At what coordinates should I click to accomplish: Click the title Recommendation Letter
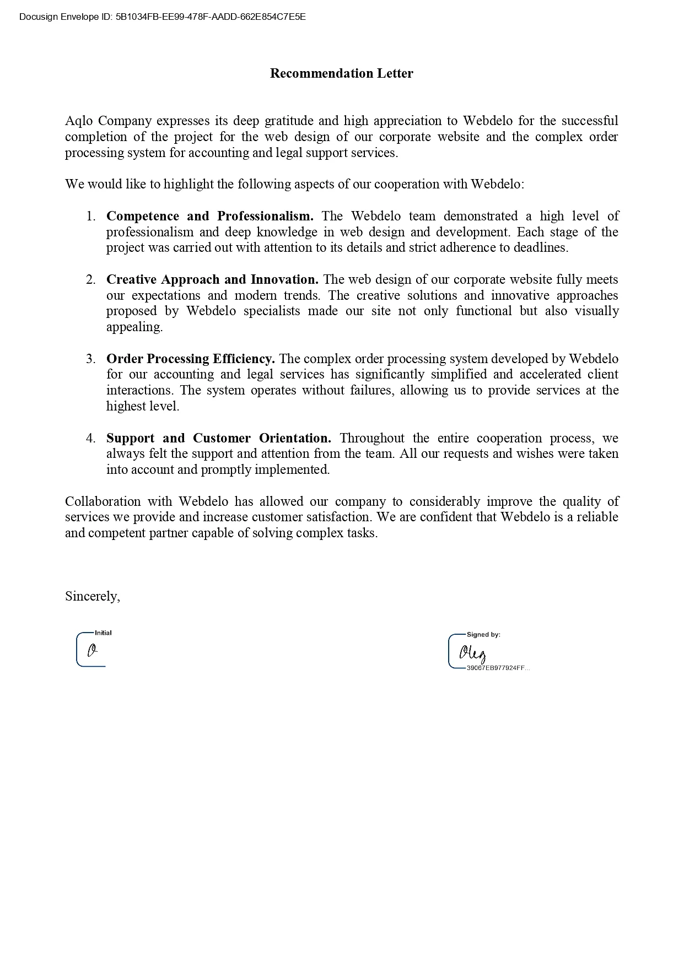(341, 73)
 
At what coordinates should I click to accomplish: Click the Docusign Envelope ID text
(162, 17)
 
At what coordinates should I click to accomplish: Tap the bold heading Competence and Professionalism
(209, 216)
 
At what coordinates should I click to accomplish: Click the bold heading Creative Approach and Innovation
(212, 279)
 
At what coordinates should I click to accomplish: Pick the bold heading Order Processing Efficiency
(190, 359)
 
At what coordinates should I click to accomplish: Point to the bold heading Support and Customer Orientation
(218, 438)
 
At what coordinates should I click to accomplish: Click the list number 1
(91, 216)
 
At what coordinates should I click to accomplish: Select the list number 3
(91, 359)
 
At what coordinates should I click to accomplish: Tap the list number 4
(91, 438)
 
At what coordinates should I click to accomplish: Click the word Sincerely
(92, 596)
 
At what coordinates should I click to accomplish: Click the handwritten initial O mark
(93, 651)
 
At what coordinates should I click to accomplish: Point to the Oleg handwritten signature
(473, 653)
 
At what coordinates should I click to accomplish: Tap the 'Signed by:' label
(483, 635)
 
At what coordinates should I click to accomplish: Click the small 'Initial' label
(103, 633)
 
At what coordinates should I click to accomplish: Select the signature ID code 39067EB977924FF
(498, 668)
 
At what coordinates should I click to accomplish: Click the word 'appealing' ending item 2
(134, 327)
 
